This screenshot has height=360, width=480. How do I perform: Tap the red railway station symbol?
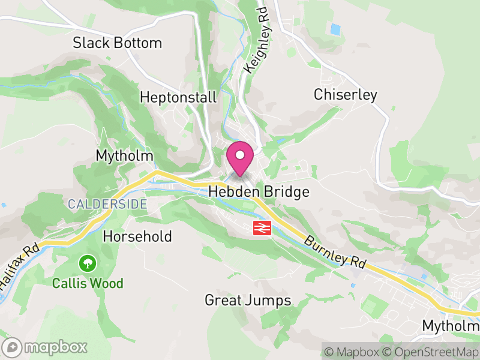tap(261, 227)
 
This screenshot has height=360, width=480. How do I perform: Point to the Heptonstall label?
tap(178, 97)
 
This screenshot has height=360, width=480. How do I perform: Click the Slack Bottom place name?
tap(118, 43)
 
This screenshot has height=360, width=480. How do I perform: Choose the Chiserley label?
tap(346, 95)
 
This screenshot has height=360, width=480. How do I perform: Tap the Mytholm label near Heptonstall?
tap(125, 156)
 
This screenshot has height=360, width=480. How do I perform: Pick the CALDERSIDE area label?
tap(107, 204)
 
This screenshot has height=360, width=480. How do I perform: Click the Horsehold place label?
tap(137, 236)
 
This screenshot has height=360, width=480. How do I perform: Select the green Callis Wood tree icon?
tap(88, 262)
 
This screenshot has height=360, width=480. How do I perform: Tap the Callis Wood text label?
tap(88, 283)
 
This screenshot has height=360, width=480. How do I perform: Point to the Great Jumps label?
tap(248, 300)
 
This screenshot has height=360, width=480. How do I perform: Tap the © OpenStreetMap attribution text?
tap(430, 352)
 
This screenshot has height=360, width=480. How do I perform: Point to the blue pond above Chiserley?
tap(335, 28)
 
